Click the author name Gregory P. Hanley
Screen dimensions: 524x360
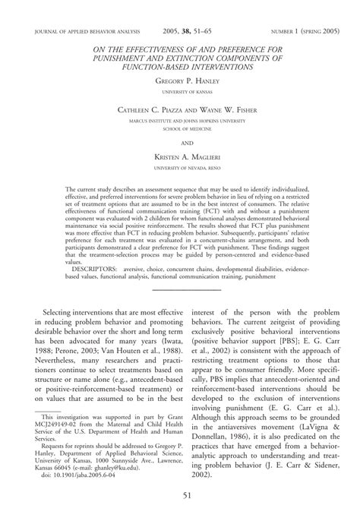180,78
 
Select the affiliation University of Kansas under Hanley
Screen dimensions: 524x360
180,90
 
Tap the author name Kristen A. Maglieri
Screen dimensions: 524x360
180,155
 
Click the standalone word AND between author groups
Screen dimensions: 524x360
180,140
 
